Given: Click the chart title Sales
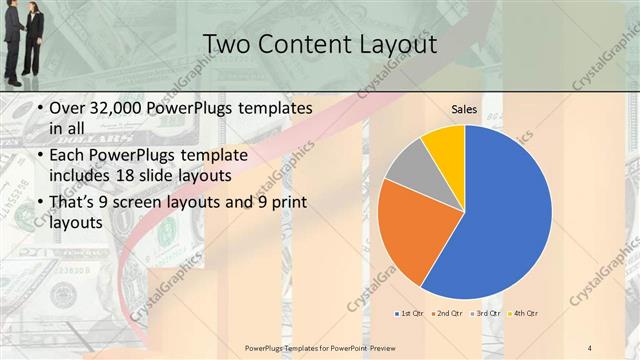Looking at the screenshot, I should coord(464,109).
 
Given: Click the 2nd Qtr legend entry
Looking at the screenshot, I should coord(445,314).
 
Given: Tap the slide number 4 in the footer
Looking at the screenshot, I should coord(590,346).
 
